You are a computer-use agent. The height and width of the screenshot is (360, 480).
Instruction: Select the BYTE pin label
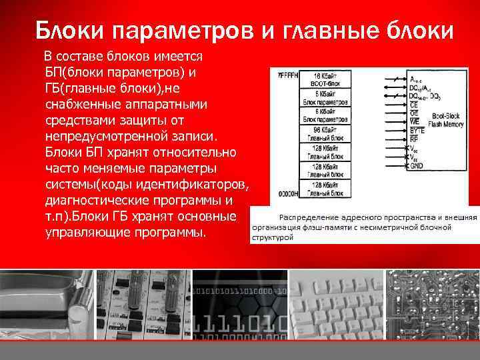(x=417, y=131)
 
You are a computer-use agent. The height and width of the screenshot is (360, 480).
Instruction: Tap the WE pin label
(x=415, y=121)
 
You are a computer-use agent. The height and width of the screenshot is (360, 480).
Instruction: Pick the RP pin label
(x=415, y=139)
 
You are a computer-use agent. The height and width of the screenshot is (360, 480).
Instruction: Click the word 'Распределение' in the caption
(x=309, y=217)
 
